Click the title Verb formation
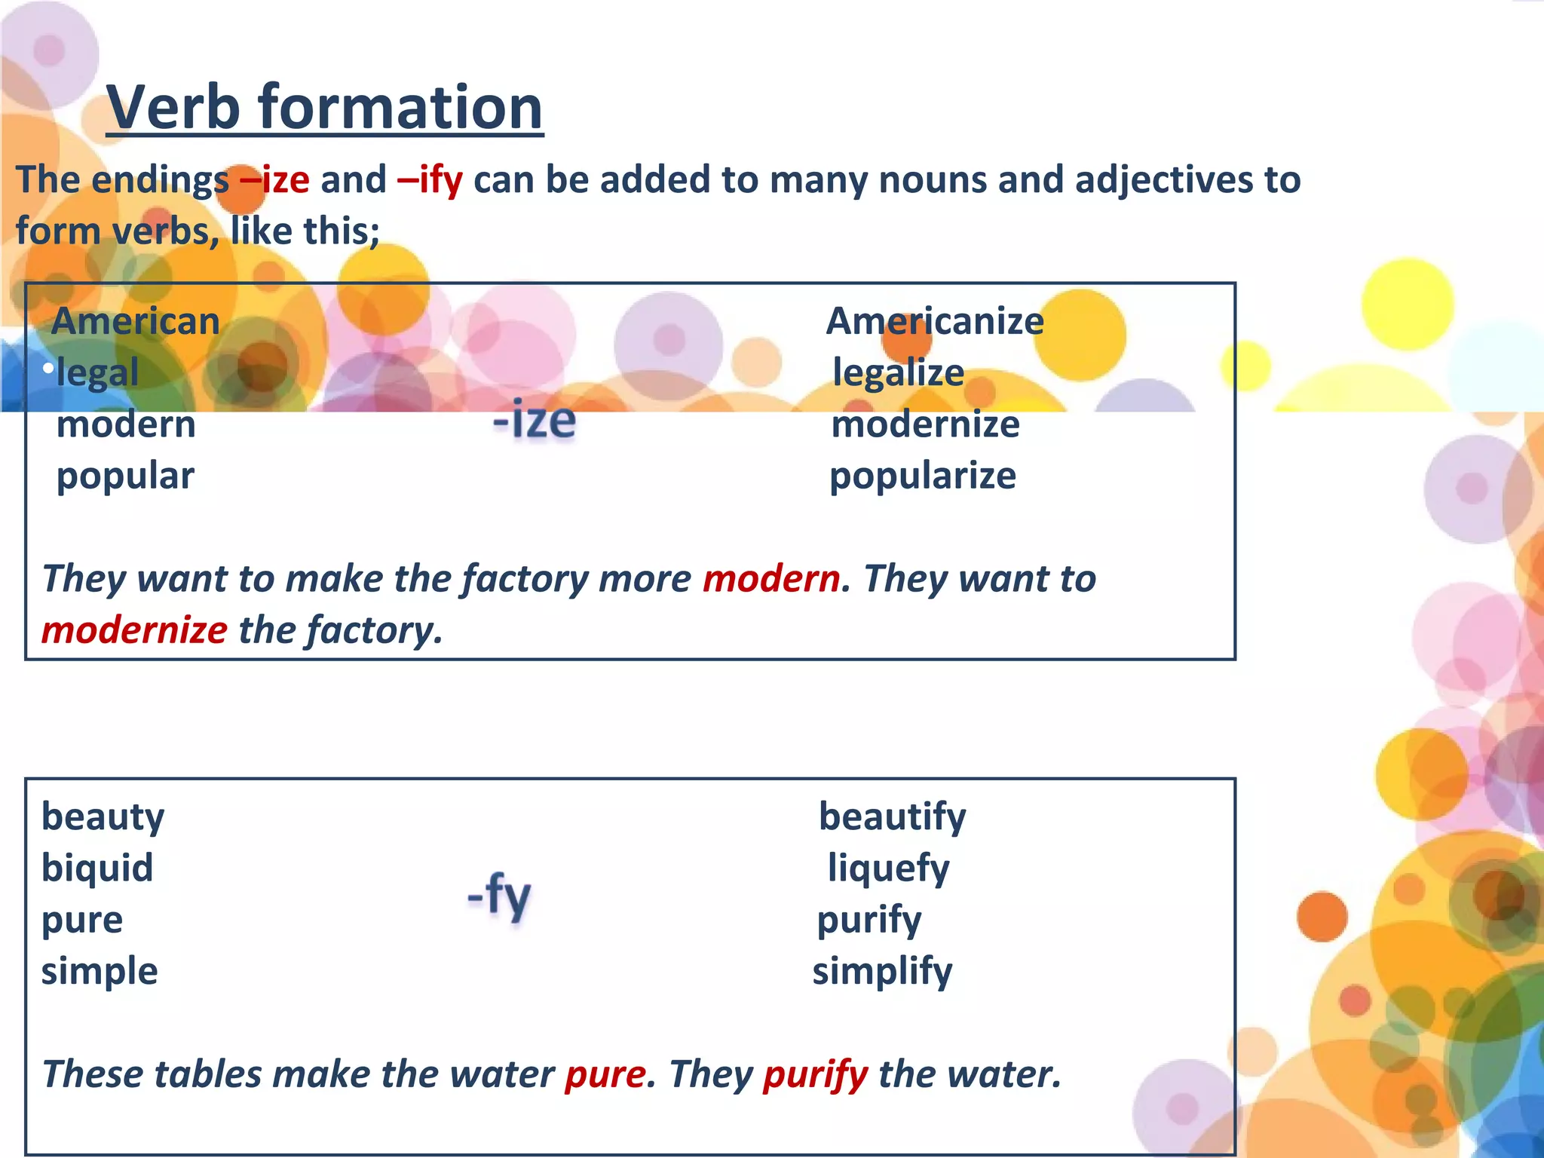[324, 107]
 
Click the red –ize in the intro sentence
[274, 179]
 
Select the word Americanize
[935, 321]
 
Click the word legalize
[898, 372]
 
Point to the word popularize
[923, 476]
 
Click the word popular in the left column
[125, 476]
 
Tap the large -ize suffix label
[534, 419]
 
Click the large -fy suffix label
[499, 896]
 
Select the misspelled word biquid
[97, 868]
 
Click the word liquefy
[888, 868]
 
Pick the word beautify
[892, 817]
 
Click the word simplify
[882, 971]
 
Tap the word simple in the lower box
[100, 971]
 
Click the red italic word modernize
[134, 630]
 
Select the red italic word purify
[815, 1074]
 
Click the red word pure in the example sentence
[605, 1074]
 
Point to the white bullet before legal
[47, 368]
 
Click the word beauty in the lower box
[103, 817]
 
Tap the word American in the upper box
[136, 321]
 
